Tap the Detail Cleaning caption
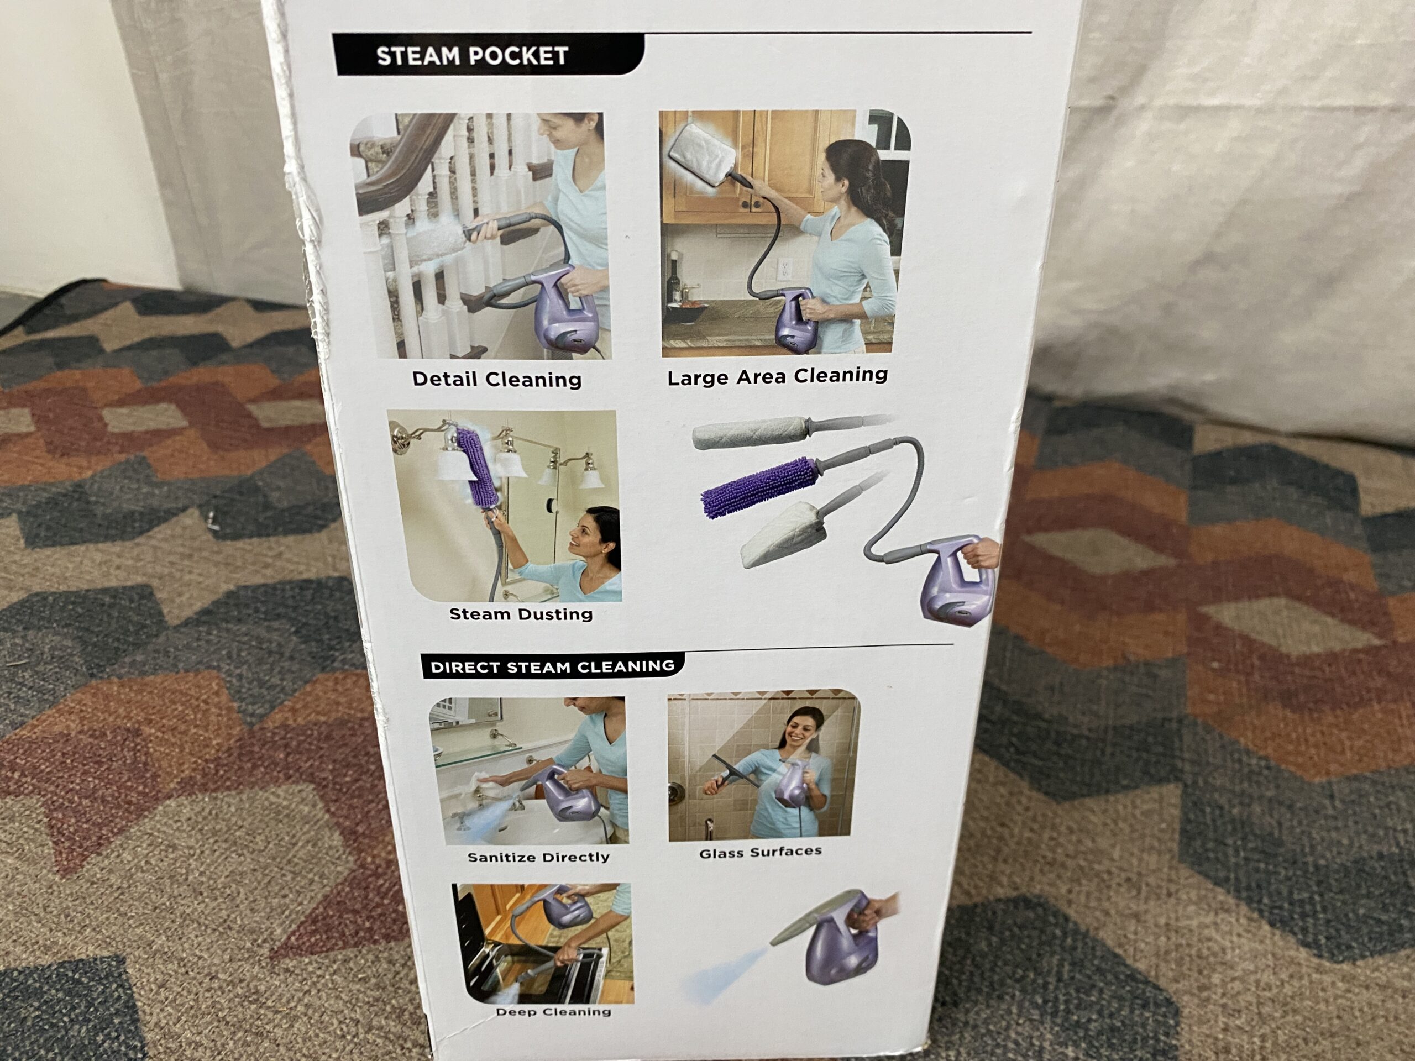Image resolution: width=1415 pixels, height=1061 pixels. point(497,379)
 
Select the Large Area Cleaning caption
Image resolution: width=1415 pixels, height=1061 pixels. point(777,376)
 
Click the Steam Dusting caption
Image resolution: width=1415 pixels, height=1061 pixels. point(521,614)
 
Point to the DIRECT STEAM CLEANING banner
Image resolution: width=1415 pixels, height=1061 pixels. point(553,666)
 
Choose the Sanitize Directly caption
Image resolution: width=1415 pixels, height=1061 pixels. point(538,857)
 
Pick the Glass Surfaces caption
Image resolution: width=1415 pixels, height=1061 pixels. point(760,853)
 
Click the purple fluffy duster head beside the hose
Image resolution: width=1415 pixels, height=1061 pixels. point(759,487)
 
